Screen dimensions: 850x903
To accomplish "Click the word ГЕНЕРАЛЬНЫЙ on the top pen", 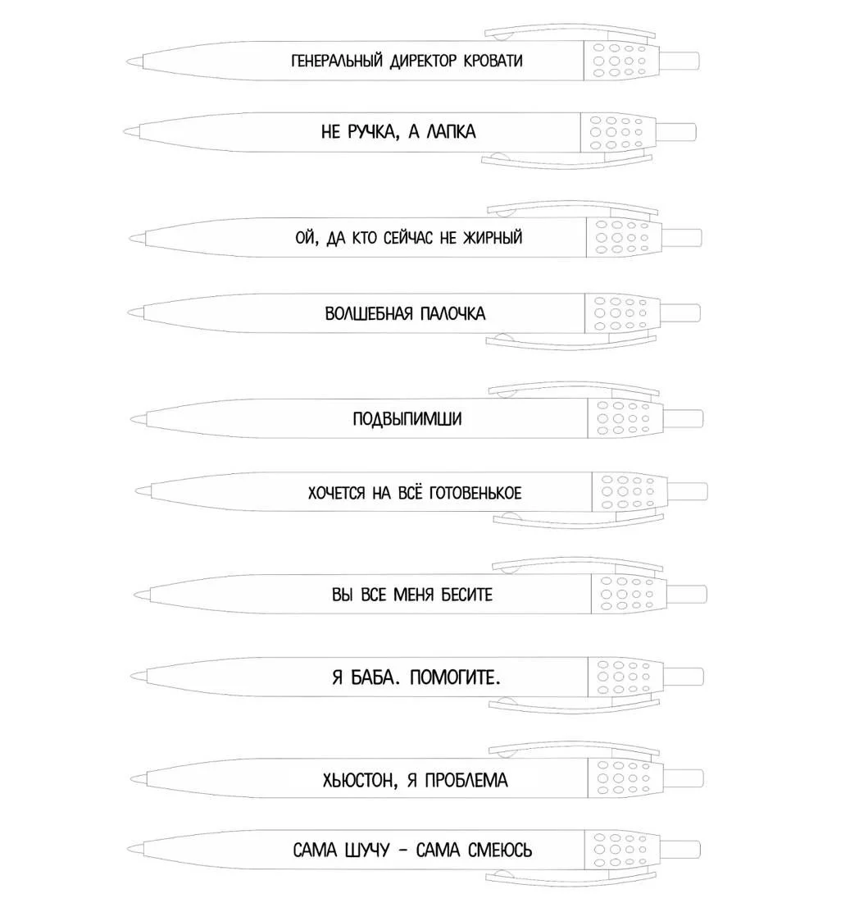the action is pos(337,61).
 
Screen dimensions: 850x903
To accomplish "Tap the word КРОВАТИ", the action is pos(493,61).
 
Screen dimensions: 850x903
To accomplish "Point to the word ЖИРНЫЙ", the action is pos(493,237).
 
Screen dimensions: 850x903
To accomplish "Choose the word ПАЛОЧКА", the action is pos(453,314).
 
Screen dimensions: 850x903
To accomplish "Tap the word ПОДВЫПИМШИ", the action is pos(407,418).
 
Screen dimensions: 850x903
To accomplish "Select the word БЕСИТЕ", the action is pos(466,595).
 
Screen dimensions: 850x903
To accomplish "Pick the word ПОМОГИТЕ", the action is pos(455,677).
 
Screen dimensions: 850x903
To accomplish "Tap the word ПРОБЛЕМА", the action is pos(466,780).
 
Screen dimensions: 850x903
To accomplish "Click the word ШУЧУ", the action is pos(367,850).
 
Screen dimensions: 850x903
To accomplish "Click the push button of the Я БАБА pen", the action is pos(684,677).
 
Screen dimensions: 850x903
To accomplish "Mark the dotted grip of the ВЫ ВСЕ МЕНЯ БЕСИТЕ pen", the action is pos(629,593).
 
